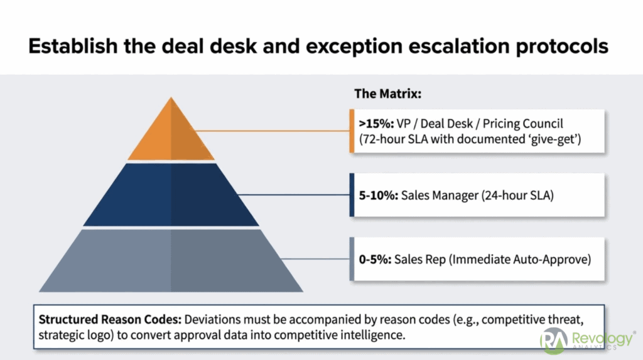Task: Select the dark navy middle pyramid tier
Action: (171, 194)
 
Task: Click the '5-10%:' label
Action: (373, 195)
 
